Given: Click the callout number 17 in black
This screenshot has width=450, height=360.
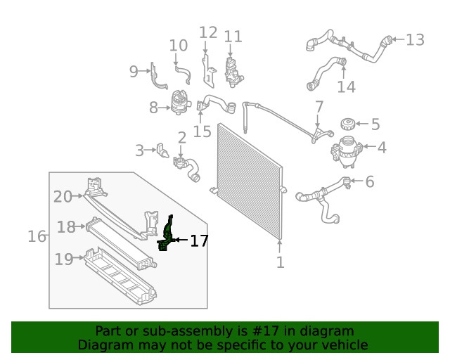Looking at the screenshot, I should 199,240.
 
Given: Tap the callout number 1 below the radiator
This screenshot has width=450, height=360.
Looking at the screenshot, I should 280,263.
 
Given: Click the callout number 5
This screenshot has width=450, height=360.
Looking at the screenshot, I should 375,124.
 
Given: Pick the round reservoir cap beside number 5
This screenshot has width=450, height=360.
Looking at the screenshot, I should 347,125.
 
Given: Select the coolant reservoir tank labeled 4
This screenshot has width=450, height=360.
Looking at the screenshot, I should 345,150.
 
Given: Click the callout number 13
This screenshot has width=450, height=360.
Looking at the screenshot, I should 415,39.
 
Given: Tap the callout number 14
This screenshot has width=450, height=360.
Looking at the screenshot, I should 346,86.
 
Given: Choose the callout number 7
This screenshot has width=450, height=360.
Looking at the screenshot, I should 319,108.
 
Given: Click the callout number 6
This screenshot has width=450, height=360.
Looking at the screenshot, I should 369,182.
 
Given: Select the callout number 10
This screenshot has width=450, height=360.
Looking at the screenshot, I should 179,45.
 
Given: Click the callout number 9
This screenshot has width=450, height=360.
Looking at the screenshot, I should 134,70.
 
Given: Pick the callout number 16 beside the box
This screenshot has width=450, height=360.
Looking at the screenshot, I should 37,236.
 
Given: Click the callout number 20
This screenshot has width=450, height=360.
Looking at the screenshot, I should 63,197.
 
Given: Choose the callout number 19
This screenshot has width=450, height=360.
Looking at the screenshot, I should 64,259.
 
